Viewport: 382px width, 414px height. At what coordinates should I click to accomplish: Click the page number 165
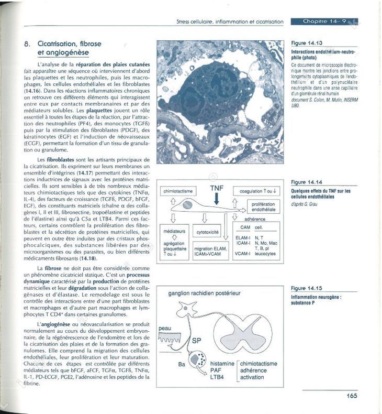(x=351, y=396)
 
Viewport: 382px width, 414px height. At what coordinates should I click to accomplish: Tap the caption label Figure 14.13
(x=307, y=43)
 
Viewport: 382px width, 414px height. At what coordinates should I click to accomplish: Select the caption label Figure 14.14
(x=307, y=182)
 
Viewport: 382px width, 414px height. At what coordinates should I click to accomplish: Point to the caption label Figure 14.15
(x=307, y=288)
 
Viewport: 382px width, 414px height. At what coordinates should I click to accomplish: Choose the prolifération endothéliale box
(x=263, y=206)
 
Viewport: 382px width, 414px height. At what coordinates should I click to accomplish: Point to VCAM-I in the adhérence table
(x=241, y=254)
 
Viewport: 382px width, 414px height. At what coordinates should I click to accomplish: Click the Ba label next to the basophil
(x=182, y=363)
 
